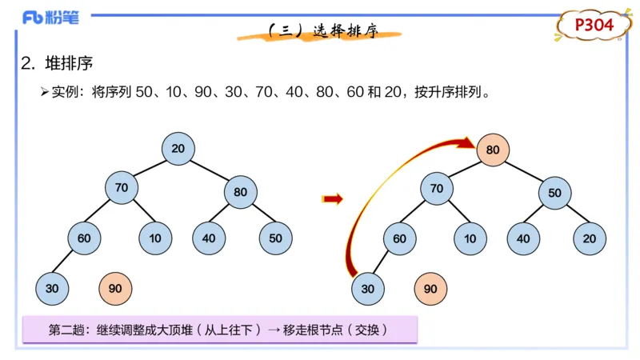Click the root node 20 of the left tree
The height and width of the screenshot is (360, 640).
(x=178, y=149)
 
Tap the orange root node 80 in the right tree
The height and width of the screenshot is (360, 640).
(x=493, y=150)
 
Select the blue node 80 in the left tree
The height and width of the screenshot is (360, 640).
(x=241, y=192)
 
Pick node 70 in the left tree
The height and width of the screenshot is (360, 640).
(x=122, y=188)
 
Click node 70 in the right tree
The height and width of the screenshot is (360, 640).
(x=437, y=189)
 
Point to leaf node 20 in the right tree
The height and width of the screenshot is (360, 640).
(x=590, y=238)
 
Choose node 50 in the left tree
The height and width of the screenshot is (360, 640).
(x=275, y=238)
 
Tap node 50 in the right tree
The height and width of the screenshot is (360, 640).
(x=555, y=193)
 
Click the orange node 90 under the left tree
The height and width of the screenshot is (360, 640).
(x=114, y=288)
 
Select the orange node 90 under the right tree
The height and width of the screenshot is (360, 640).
(x=430, y=288)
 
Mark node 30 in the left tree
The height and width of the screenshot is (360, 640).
(x=52, y=288)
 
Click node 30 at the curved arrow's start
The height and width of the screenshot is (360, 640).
(x=367, y=288)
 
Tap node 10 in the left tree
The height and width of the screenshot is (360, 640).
(x=155, y=238)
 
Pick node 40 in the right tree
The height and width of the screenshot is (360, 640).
(x=523, y=238)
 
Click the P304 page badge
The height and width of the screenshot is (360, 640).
(x=594, y=26)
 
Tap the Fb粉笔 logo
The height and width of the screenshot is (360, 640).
(x=50, y=18)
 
